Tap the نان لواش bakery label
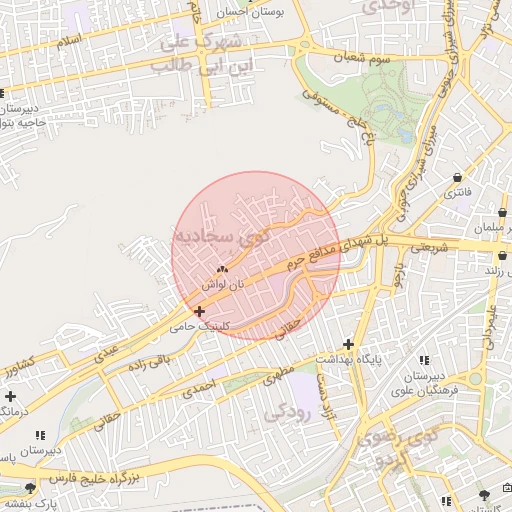click(222, 284)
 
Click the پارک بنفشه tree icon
click(31, 487)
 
